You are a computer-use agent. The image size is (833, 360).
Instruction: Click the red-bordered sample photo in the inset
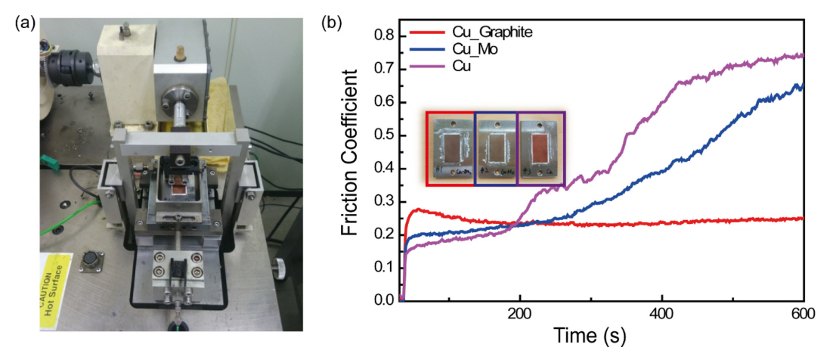point(451,148)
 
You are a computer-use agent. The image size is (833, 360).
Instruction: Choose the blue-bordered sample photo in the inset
point(495,148)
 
